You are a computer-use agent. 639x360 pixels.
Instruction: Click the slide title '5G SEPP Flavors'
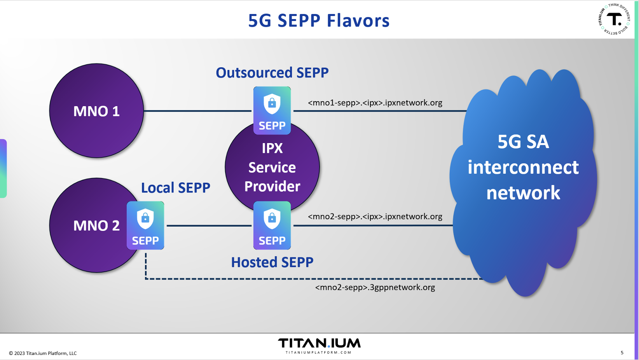pyautogui.click(x=319, y=21)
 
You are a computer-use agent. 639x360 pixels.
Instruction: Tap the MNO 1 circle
pyautogui.click(x=96, y=111)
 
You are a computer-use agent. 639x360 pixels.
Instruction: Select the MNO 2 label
pyautogui.click(x=96, y=225)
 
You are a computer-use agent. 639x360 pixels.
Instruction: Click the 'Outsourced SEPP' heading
pyautogui.click(x=272, y=73)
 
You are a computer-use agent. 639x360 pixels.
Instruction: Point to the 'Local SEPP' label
pyautogui.click(x=175, y=188)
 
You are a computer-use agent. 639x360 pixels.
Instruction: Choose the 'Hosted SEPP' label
pyautogui.click(x=272, y=262)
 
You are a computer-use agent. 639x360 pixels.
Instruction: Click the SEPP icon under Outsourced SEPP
pyautogui.click(x=272, y=110)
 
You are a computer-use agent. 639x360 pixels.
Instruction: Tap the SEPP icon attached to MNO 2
pyautogui.click(x=145, y=225)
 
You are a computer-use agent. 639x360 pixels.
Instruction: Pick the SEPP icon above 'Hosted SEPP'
pyautogui.click(x=272, y=225)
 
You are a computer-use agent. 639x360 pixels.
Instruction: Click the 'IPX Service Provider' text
pyautogui.click(x=272, y=168)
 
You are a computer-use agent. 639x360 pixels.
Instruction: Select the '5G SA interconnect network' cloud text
pyautogui.click(x=523, y=168)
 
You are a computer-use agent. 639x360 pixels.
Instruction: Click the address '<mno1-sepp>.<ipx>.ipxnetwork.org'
pyautogui.click(x=375, y=103)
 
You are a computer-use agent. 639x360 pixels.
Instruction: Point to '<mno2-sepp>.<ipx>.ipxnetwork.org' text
pyautogui.click(x=375, y=216)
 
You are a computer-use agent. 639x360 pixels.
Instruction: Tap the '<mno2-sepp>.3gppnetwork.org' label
pyautogui.click(x=375, y=287)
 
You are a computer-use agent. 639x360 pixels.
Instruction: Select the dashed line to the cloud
pyautogui.click(x=311, y=279)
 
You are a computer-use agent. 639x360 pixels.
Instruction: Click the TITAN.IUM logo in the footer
pyautogui.click(x=319, y=343)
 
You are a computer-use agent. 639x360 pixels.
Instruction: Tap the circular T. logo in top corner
pyautogui.click(x=614, y=19)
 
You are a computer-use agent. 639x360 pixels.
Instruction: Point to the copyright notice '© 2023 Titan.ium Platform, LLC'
pyautogui.click(x=43, y=353)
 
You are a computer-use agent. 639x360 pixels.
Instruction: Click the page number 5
pyautogui.click(x=622, y=353)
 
